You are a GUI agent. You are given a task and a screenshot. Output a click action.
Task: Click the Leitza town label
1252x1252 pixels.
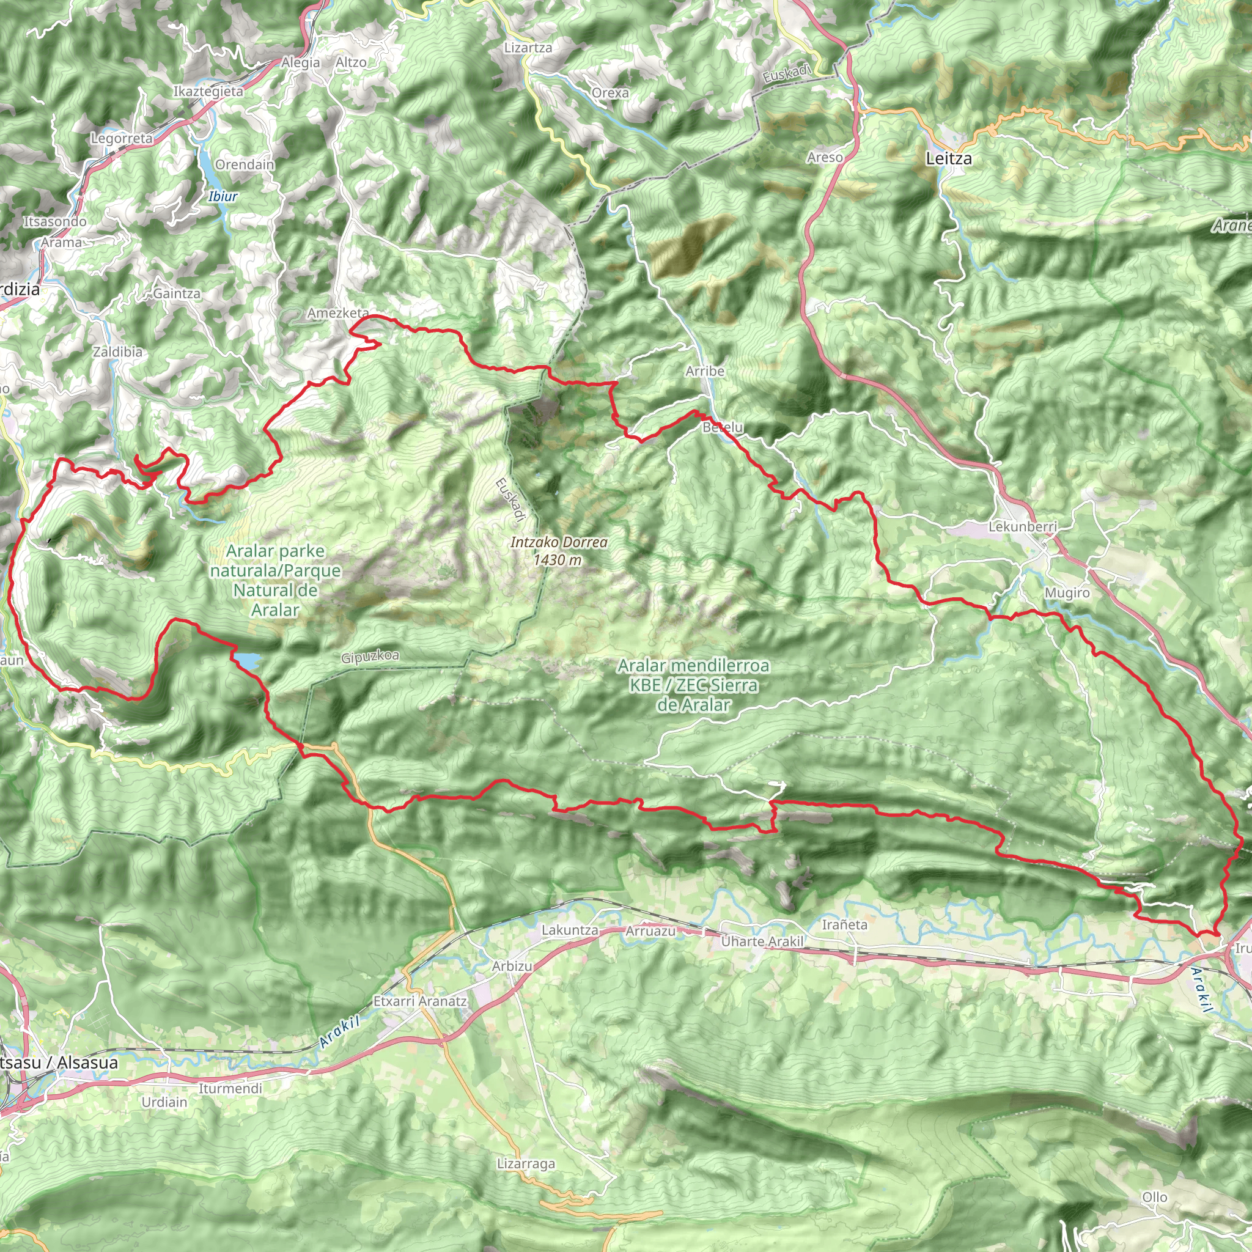tap(949, 159)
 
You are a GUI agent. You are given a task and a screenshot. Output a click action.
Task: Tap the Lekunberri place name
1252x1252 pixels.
tap(1023, 527)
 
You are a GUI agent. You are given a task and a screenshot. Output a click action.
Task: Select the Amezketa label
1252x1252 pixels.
tap(337, 313)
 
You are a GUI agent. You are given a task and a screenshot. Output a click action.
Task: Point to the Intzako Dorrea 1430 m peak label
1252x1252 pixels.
tap(559, 551)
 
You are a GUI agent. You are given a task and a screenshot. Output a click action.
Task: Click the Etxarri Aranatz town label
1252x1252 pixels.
tap(420, 1001)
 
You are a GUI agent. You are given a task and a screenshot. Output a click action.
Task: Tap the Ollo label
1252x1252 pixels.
tap(1154, 1198)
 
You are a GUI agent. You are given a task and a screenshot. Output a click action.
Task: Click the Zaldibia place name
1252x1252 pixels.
tap(117, 352)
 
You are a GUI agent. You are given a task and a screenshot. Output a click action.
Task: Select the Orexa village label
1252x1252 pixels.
tap(609, 94)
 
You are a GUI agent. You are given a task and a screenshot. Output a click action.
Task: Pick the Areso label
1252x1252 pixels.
tap(825, 158)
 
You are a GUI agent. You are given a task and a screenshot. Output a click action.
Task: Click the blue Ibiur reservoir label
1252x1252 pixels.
tap(223, 196)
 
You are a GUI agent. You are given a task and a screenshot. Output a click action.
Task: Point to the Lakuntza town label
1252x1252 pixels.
tap(570, 930)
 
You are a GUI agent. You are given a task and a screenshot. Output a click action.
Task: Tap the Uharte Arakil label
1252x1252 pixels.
tap(762, 941)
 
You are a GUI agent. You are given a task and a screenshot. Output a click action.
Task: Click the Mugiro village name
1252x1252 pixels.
tap(1067, 593)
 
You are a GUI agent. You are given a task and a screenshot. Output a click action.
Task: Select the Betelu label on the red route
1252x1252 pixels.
tap(723, 428)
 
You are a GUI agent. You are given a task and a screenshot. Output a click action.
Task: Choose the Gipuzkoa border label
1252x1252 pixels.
tap(370, 657)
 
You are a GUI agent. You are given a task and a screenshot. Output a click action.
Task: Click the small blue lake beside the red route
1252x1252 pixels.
tap(248, 660)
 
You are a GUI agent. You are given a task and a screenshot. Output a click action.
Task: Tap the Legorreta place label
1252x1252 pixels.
tap(122, 138)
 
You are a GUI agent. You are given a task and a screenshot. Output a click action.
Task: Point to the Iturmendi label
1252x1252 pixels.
tap(230, 1089)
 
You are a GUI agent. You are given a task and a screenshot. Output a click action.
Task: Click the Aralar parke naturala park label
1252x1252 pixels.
tap(276, 580)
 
